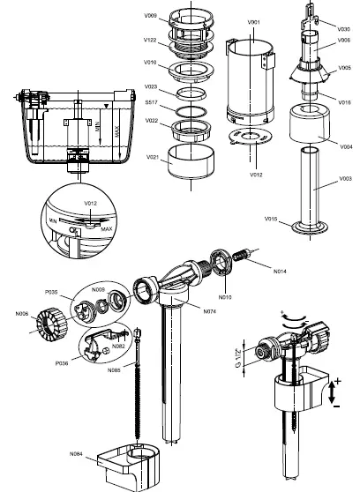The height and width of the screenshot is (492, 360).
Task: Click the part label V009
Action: (x=150, y=16)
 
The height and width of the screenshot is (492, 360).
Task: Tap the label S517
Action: (x=151, y=102)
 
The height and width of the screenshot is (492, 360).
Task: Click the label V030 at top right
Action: (x=344, y=29)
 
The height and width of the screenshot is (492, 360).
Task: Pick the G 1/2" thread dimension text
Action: (x=239, y=361)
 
